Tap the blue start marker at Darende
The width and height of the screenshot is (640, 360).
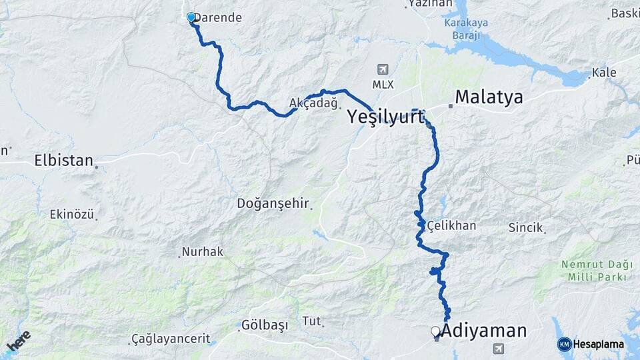[x=191, y=17]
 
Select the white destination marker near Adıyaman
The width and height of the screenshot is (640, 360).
[x=435, y=331]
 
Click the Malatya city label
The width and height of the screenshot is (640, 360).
[x=489, y=98]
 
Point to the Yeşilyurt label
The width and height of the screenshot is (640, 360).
[x=385, y=117]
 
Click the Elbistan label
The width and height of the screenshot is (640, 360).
[x=63, y=161]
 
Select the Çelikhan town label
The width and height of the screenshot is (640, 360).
[x=452, y=225]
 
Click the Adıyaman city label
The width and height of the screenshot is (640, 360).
[x=484, y=331]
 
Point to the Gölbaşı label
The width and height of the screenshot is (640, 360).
[x=265, y=325]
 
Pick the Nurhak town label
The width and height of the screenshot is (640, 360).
[x=203, y=252]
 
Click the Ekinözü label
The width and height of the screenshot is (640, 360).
[x=72, y=215]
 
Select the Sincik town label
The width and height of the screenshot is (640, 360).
[x=526, y=227]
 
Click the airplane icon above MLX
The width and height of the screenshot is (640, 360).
[x=383, y=69]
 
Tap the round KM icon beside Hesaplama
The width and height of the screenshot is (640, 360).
[x=565, y=344]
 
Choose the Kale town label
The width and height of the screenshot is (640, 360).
[x=604, y=72]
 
